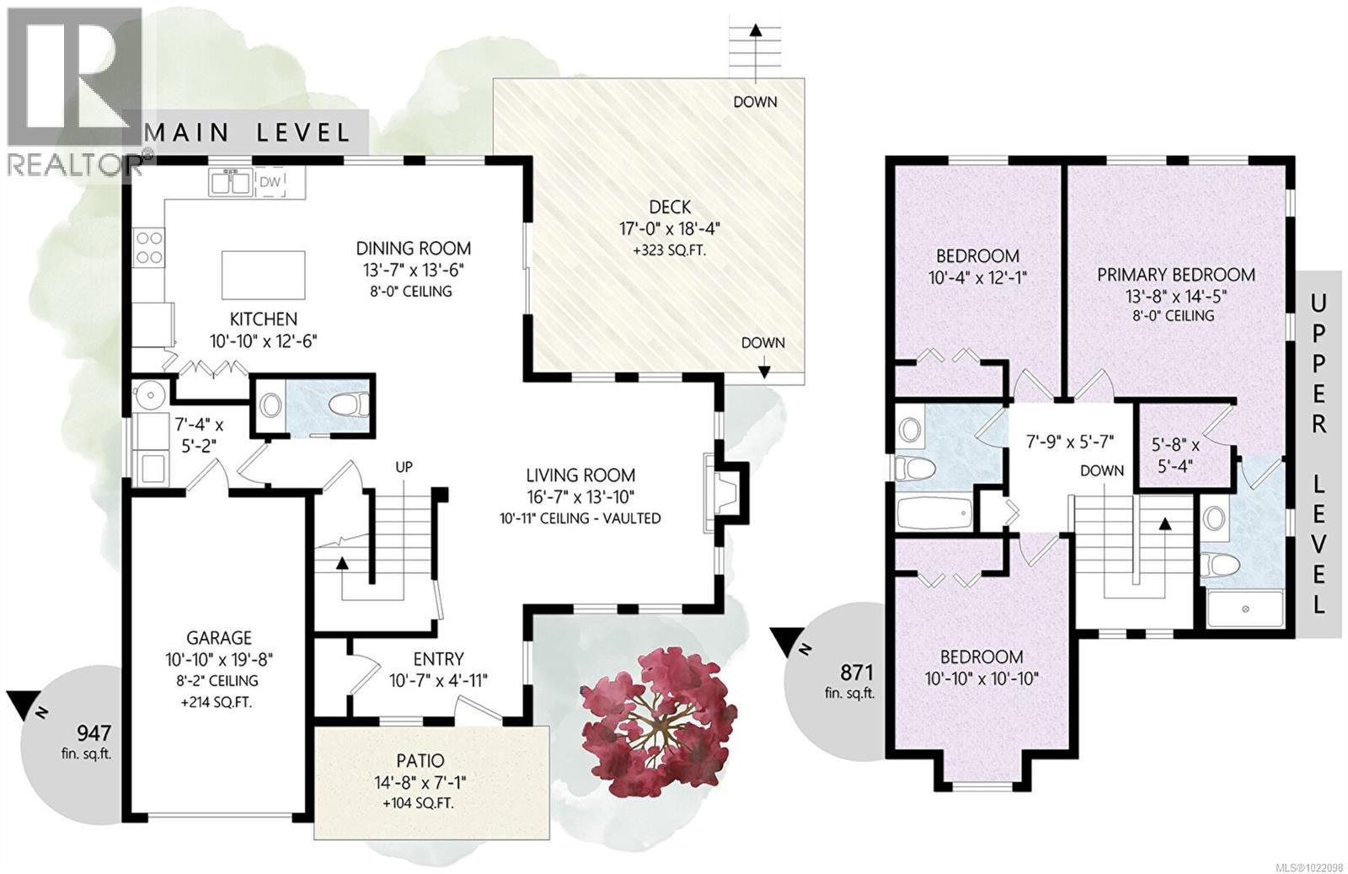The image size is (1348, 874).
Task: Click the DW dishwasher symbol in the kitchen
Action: pyautogui.click(x=270, y=182)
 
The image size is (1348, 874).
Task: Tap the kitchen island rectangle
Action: pyautogui.click(x=264, y=275)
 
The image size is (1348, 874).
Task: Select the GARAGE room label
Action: pyautogui.click(x=219, y=637)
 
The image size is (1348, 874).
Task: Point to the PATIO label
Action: pyautogui.click(x=420, y=760)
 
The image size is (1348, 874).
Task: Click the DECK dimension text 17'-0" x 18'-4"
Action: pyautogui.click(x=670, y=228)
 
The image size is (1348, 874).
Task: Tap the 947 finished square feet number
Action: pyautogui.click(x=94, y=732)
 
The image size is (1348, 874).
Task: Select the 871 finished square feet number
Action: pyautogui.click(x=857, y=671)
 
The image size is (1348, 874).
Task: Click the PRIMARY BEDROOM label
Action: pyautogui.click(x=1176, y=275)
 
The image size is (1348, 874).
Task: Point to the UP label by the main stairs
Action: pyautogui.click(x=404, y=466)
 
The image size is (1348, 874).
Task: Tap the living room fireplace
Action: pyautogui.click(x=725, y=493)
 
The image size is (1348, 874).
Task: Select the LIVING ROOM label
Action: pyautogui.click(x=580, y=475)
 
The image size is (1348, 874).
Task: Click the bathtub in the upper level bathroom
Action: pyautogui.click(x=934, y=512)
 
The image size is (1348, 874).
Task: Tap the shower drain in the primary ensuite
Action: pyautogui.click(x=1245, y=609)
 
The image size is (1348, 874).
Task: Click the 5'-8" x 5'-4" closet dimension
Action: pyautogui.click(x=1175, y=455)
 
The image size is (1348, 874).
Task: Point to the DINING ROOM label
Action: pyautogui.click(x=414, y=249)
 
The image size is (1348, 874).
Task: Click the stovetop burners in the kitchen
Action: pyautogui.click(x=148, y=248)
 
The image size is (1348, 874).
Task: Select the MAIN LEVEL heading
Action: pyautogui.click(x=248, y=132)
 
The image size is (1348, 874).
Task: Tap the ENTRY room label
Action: pyautogui.click(x=438, y=658)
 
